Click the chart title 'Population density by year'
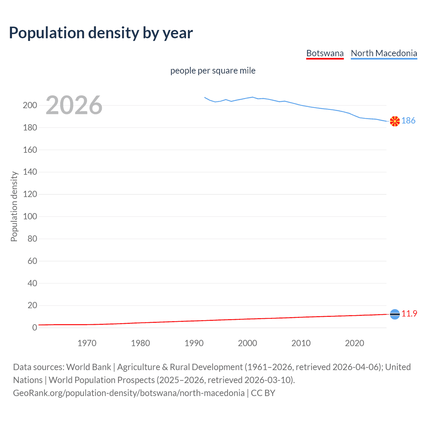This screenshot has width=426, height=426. (101, 33)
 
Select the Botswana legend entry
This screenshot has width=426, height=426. (325, 53)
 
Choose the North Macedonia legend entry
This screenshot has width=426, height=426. (384, 53)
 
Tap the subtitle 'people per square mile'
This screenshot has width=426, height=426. (213, 71)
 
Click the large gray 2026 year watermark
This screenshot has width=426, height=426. (74, 105)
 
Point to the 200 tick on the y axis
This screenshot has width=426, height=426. (30, 106)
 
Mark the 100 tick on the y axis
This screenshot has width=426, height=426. (30, 217)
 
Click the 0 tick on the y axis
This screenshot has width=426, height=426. (34, 328)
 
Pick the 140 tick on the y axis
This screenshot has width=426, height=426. (30, 172)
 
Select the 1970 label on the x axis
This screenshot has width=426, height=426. (87, 343)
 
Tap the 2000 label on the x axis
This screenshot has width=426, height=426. (247, 343)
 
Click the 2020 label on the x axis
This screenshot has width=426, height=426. (354, 343)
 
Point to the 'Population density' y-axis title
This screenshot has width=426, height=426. (14, 206)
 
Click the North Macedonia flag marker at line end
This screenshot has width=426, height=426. (395, 121)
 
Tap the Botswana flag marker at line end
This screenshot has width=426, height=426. (395, 314)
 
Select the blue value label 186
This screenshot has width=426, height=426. (408, 120)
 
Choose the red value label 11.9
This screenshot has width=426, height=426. (409, 314)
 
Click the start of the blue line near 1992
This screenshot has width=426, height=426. (205, 98)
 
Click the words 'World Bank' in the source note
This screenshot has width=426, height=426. (89, 367)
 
